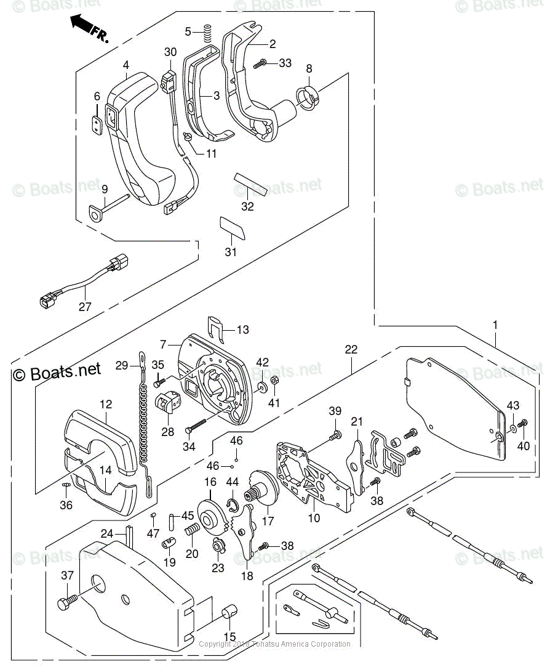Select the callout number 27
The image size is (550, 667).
click(x=84, y=306)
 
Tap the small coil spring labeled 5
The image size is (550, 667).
click(x=207, y=31)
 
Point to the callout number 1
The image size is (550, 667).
click(x=495, y=325)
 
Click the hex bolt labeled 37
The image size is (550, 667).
click(x=67, y=600)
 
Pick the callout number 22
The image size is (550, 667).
click(x=351, y=349)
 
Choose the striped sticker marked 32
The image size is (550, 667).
click(x=250, y=183)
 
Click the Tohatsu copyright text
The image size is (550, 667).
click(x=275, y=644)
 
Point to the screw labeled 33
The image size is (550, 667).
click(x=261, y=63)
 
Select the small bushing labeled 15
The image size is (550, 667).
click(x=229, y=613)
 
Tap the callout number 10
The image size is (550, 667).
click(x=314, y=518)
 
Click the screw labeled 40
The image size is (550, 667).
click(x=524, y=423)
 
